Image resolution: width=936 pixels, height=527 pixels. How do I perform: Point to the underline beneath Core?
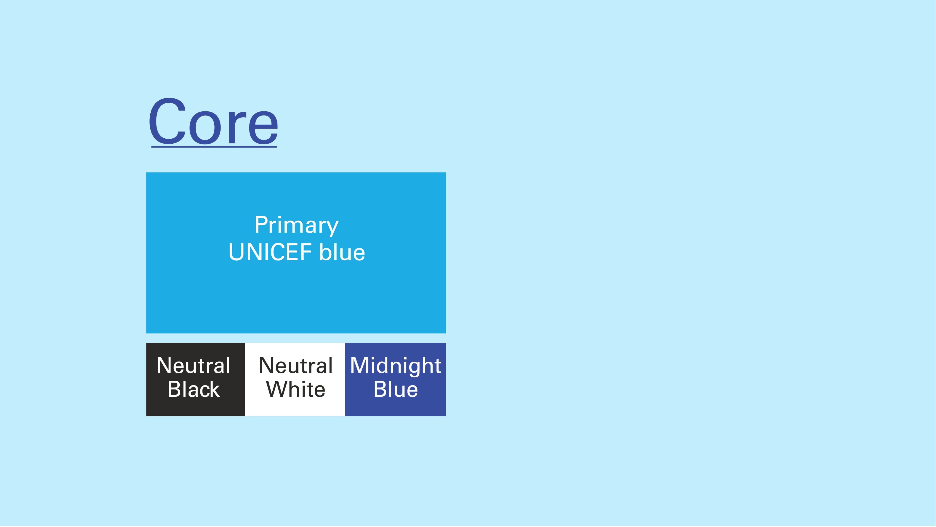(x=214, y=147)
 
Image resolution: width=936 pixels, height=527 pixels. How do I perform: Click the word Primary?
(x=296, y=226)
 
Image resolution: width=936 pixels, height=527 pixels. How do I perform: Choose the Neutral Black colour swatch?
(x=195, y=379)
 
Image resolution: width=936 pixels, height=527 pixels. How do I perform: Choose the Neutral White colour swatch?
(x=295, y=379)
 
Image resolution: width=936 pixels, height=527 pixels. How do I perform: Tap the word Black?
(x=194, y=389)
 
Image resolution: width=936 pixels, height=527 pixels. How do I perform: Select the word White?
(x=296, y=389)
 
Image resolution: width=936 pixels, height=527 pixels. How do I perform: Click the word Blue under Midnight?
(x=396, y=389)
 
